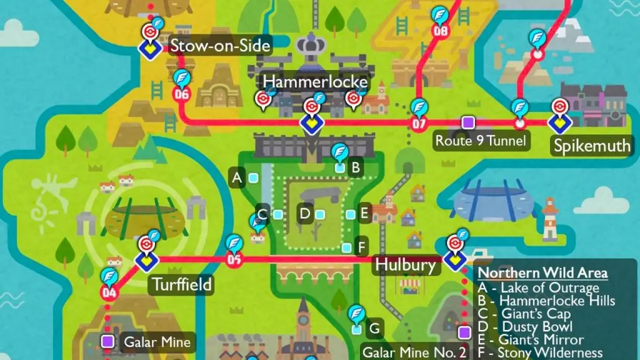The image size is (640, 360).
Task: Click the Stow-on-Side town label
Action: coord(221,46)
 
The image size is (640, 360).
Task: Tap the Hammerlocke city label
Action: coord(315,82)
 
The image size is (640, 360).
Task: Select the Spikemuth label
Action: coord(591,146)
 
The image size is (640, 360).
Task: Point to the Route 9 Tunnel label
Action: coord(481,141)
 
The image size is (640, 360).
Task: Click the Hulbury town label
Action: coord(404,264)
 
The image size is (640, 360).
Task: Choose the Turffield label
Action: coord(182,285)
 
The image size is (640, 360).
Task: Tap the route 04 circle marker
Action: coord(109,292)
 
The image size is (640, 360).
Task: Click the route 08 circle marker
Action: coord(441,31)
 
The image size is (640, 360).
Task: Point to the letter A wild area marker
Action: coord(237,178)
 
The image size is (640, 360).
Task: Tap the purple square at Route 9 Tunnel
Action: coord(467,122)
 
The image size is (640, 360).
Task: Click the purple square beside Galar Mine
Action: coord(107,341)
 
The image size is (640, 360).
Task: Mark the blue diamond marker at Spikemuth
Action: coord(557,124)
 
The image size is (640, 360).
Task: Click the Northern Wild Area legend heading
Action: coord(542,272)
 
